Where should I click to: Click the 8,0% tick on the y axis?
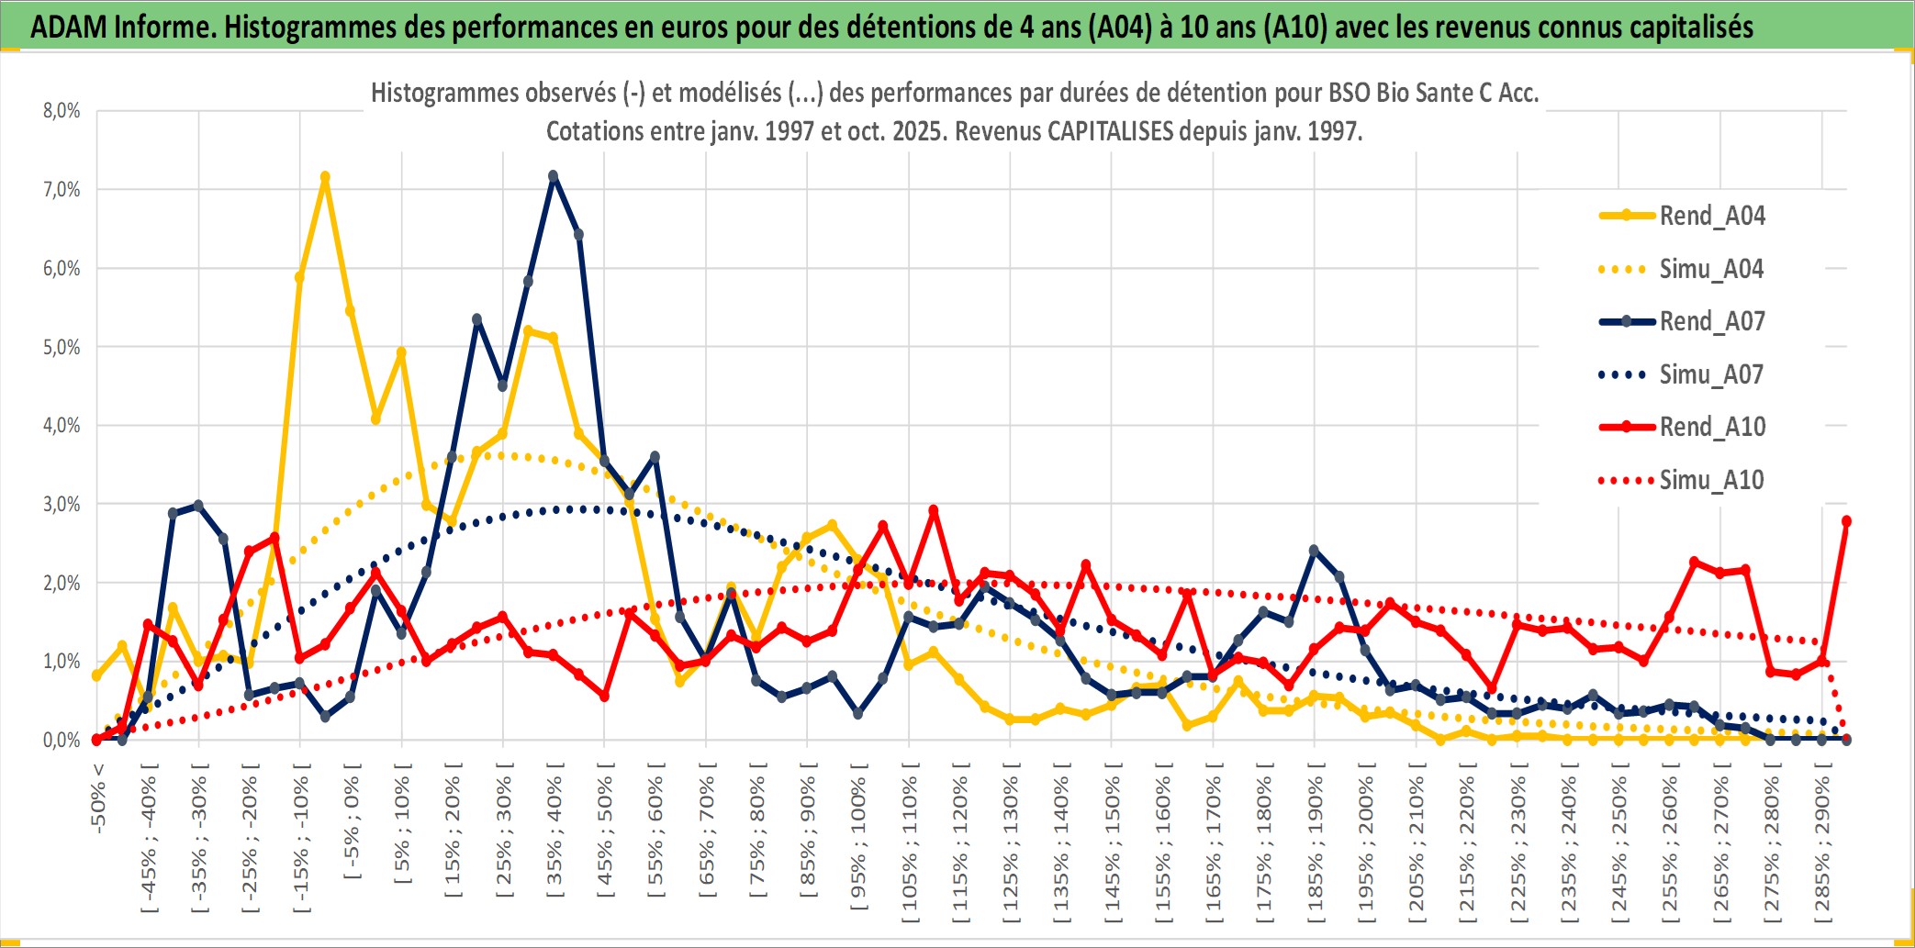click(x=62, y=111)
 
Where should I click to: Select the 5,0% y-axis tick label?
click(x=62, y=347)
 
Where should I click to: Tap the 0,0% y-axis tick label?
click(x=62, y=740)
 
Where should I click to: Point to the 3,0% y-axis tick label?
click(x=62, y=504)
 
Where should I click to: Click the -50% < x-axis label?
click(x=98, y=798)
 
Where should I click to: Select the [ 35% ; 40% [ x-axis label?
click(x=554, y=831)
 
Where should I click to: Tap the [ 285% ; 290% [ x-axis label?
click(x=1821, y=846)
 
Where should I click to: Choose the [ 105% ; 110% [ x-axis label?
click(x=909, y=846)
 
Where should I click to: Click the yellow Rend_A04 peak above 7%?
click(x=325, y=176)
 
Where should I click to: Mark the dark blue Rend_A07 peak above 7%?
click(x=553, y=174)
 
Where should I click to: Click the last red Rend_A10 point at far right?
click(x=1846, y=521)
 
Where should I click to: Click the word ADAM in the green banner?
click(x=68, y=28)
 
